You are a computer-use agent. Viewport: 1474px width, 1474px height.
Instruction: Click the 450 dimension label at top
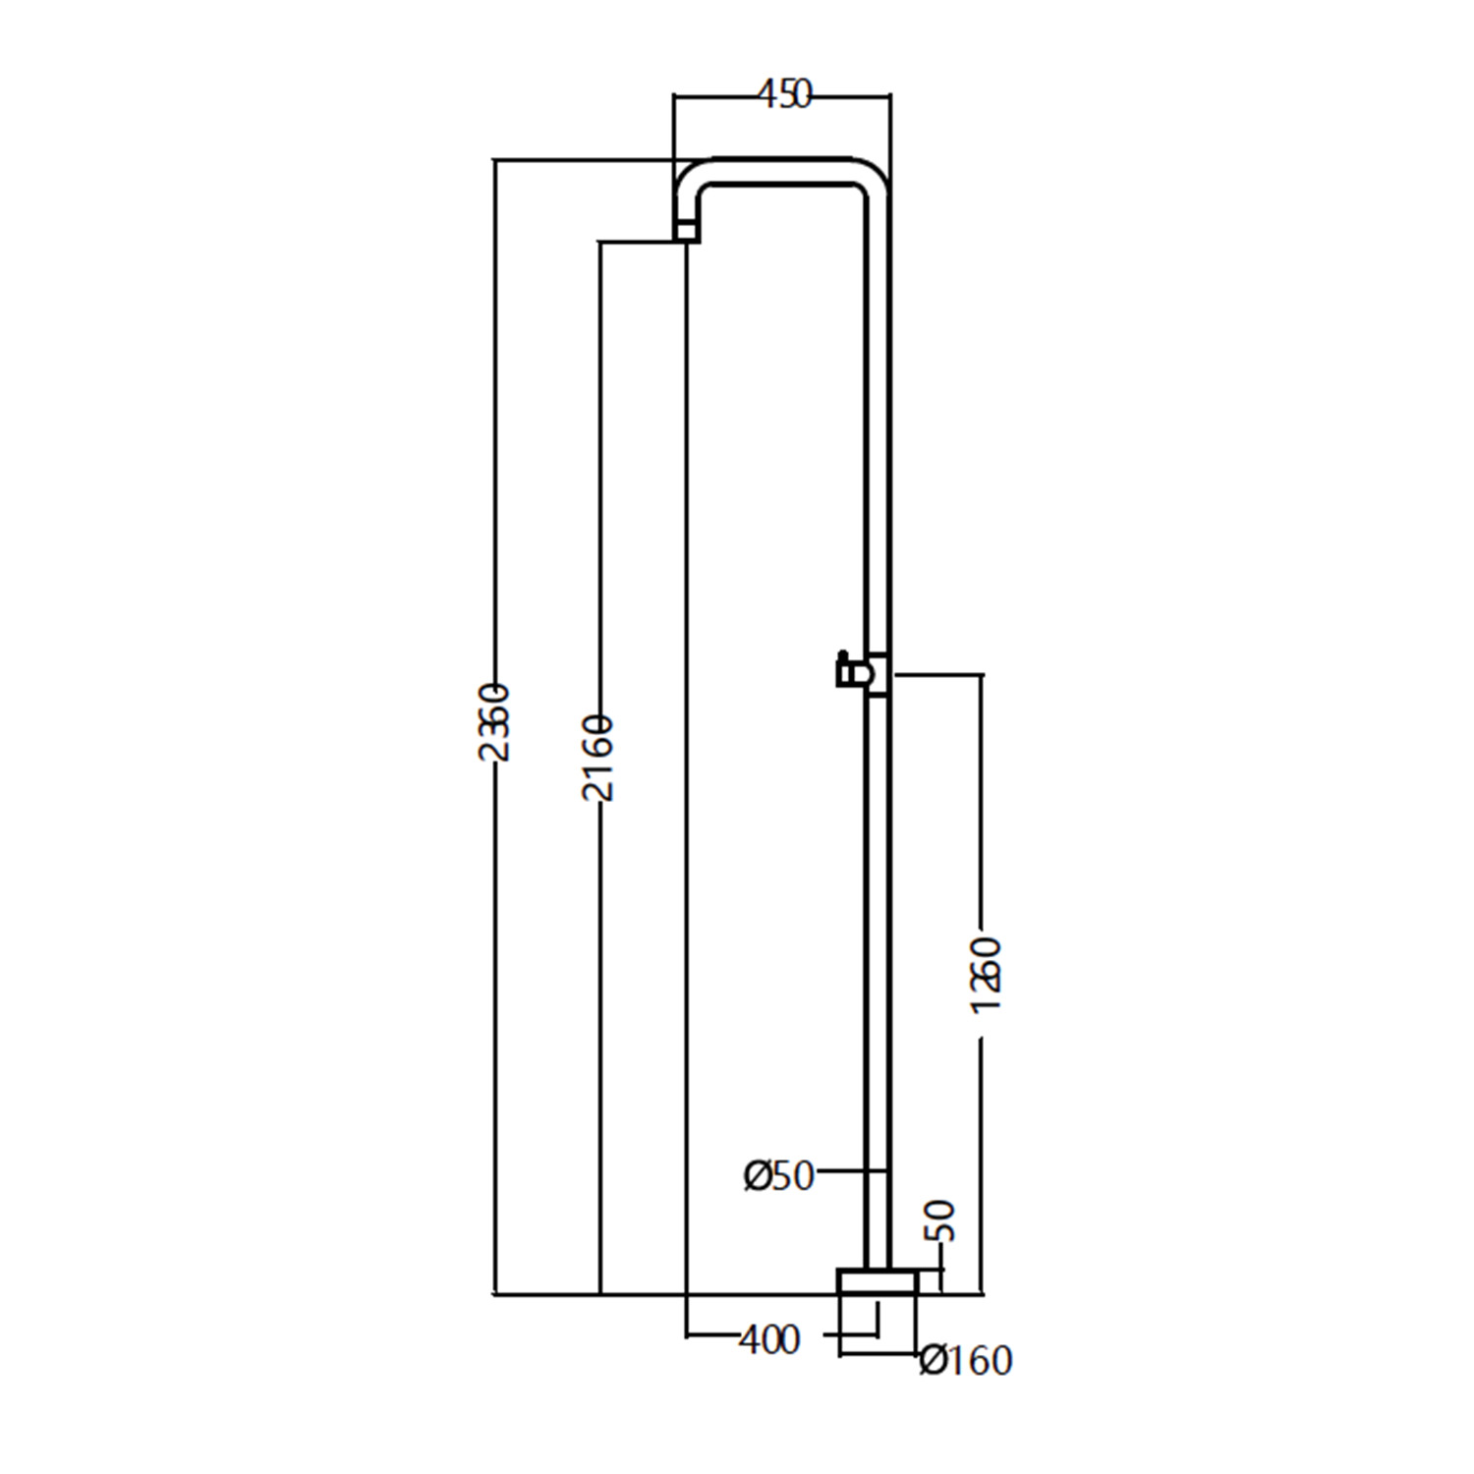pyautogui.click(x=784, y=95)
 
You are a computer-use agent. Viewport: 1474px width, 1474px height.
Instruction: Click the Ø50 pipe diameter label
pyautogui.click(x=779, y=1175)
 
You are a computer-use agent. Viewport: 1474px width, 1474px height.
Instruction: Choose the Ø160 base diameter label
pyautogui.click(x=965, y=1360)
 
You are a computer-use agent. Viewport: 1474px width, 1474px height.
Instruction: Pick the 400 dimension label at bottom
pyautogui.click(x=768, y=1338)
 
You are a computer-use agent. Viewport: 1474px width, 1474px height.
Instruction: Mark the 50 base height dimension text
pyautogui.click(x=941, y=1220)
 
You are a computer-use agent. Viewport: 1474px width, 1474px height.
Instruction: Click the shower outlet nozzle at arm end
pyautogui.click(x=687, y=231)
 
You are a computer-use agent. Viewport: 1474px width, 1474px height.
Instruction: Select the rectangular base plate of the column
pyautogui.click(x=877, y=1281)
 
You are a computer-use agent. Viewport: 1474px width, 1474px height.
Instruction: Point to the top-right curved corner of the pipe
pyautogui.click(x=875, y=176)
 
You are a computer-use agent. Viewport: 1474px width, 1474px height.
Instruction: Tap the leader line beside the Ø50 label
pyautogui.click(x=850, y=1171)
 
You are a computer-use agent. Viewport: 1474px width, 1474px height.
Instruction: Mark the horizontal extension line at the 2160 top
pyautogui.click(x=639, y=241)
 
